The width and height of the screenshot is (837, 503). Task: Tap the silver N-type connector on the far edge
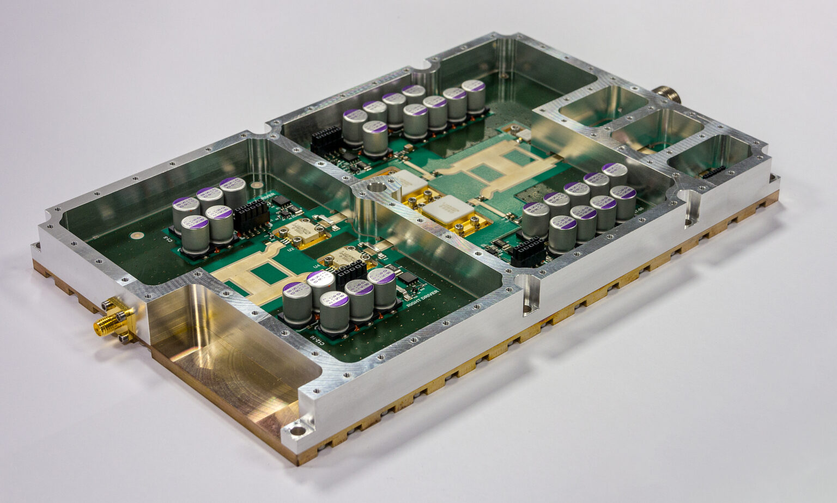coord(665,94)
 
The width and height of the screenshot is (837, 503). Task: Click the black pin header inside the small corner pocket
coord(713,172)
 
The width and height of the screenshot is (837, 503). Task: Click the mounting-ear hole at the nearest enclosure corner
coord(298,432)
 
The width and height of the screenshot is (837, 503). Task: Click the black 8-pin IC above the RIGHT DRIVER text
coord(408,278)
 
